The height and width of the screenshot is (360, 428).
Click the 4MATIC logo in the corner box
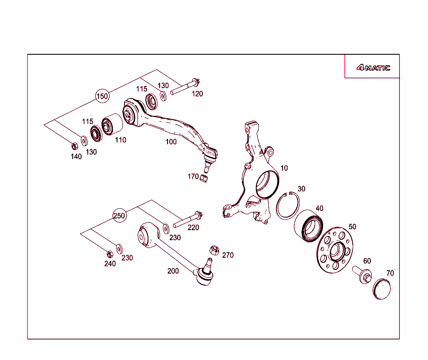tap(373, 68)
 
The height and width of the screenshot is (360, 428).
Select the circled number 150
tap(102, 96)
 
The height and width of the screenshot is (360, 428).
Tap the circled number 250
tap(120, 216)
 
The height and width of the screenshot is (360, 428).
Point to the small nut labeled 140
tap(74, 146)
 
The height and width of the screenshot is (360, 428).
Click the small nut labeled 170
tap(204, 178)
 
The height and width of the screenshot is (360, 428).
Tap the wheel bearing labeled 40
tap(308, 226)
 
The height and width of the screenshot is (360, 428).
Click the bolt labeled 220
tap(188, 220)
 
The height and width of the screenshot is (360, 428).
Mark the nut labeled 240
tap(110, 254)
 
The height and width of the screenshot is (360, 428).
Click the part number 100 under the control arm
tap(171, 142)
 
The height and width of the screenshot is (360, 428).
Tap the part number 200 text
tap(173, 271)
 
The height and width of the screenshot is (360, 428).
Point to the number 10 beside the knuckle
tap(284, 168)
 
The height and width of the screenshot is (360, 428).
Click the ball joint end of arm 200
tap(204, 277)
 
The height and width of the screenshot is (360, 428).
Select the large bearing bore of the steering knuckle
tap(267, 184)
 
